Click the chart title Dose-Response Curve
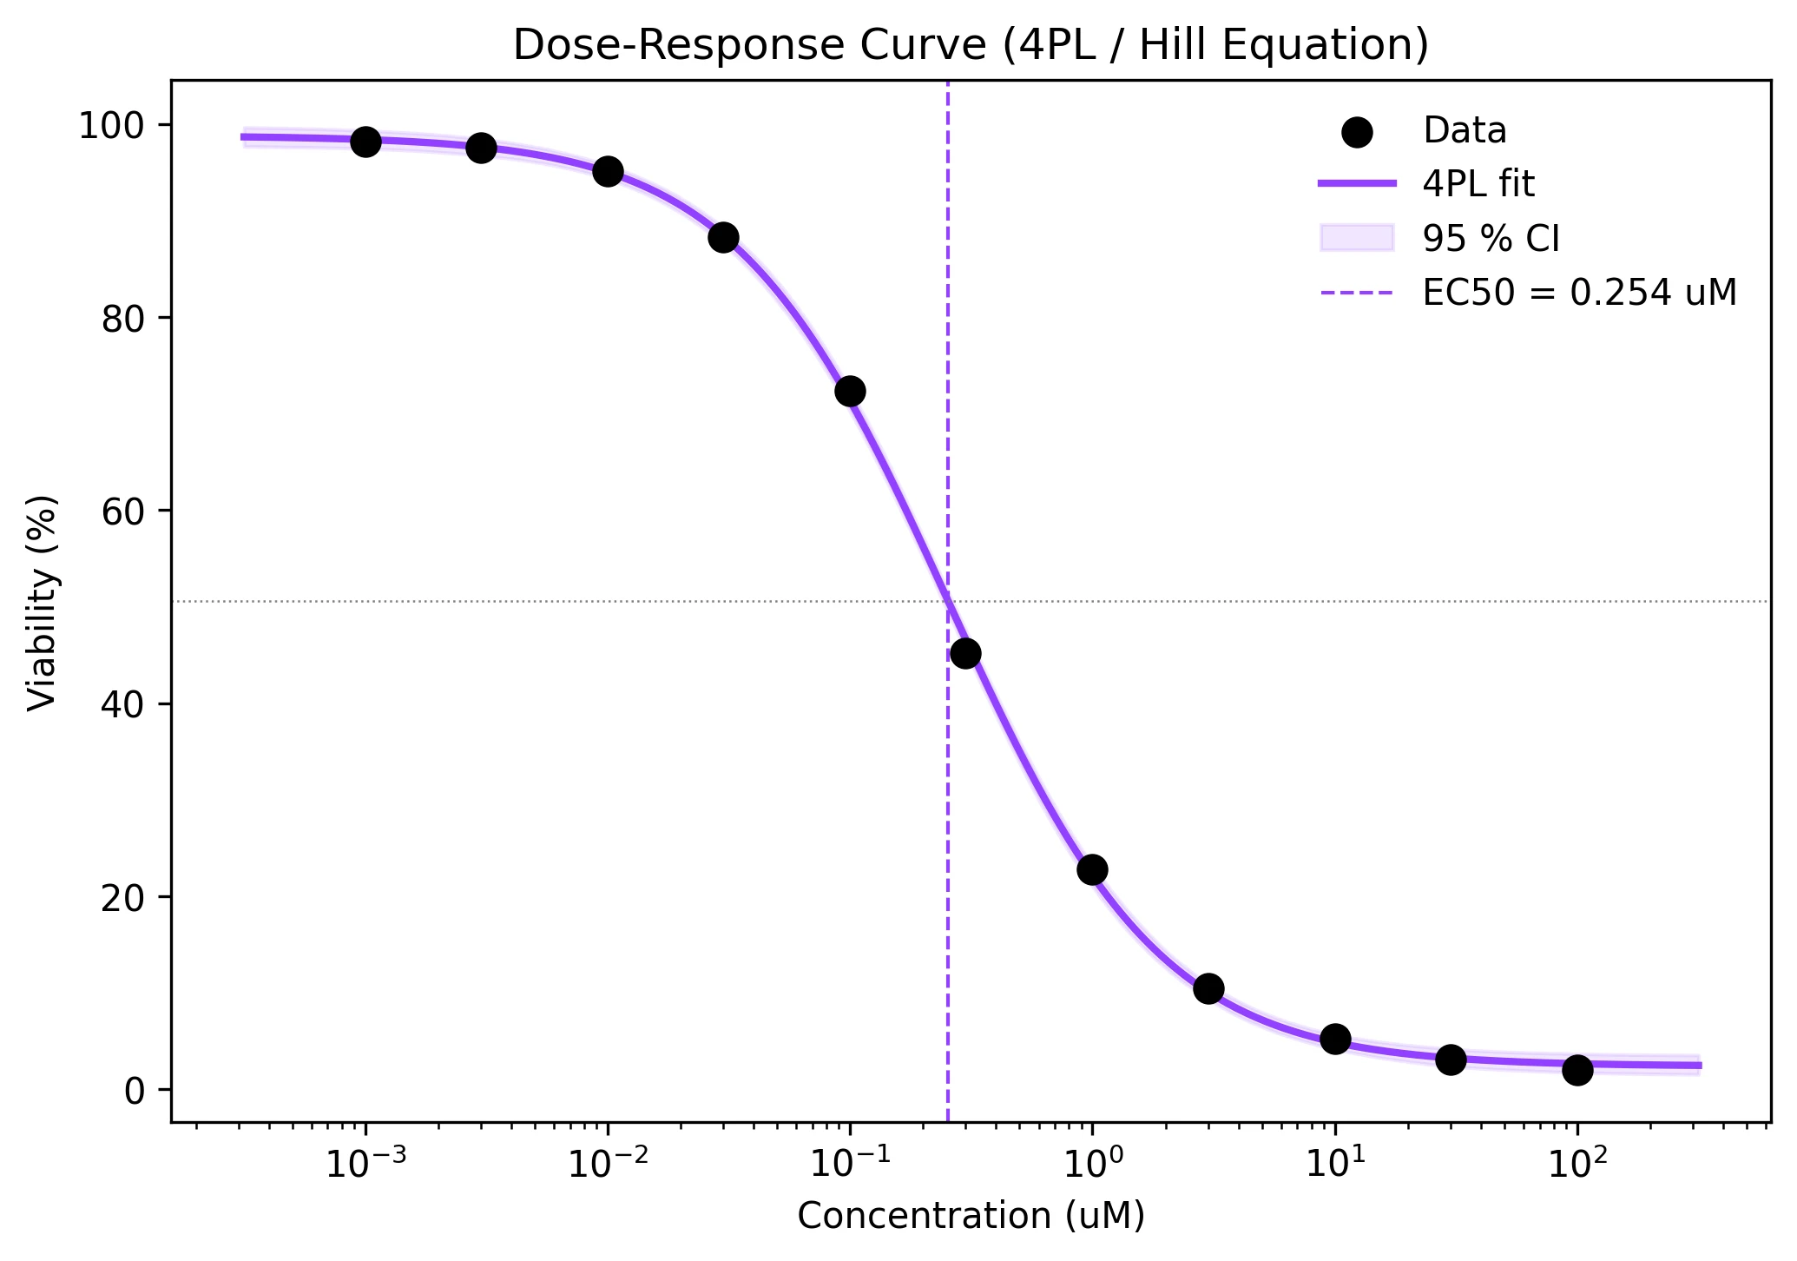click(x=970, y=46)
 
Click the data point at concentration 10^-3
click(x=365, y=142)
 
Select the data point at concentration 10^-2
click(x=608, y=171)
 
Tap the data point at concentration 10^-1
click(x=850, y=392)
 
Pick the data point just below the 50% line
click(x=965, y=653)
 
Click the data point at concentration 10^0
click(x=1092, y=869)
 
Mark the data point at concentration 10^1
click(x=1335, y=1039)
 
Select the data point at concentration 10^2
click(x=1577, y=1070)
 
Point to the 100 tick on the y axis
click(x=112, y=127)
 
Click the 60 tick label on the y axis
click(x=122, y=512)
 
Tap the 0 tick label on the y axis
click(x=134, y=1090)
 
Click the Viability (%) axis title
click(x=42, y=603)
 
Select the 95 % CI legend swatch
click(x=1357, y=238)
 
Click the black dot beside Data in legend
click(x=1357, y=132)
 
